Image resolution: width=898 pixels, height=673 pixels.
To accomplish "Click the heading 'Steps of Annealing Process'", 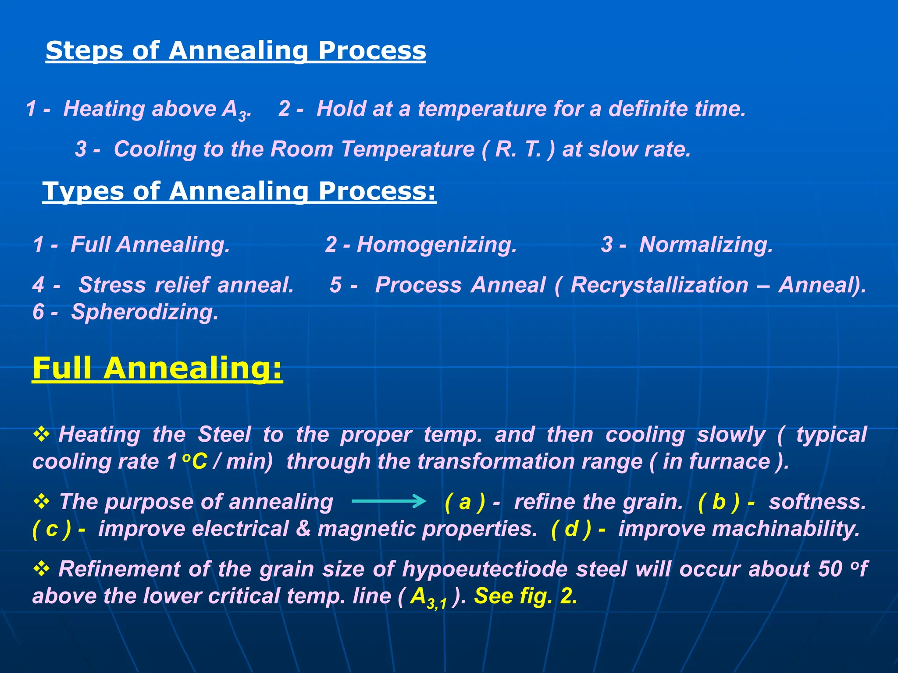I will (235, 50).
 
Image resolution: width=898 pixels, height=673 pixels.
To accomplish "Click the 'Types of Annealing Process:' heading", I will (239, 191).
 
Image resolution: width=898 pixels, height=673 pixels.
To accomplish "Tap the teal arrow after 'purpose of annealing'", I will (388, 501).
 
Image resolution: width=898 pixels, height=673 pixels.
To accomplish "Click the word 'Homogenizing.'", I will (437, 244).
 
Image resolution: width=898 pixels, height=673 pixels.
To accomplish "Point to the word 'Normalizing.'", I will (706, 244).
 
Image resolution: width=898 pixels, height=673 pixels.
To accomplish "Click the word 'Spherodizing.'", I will (145, 312).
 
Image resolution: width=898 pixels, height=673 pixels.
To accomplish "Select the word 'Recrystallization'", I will (659, 285).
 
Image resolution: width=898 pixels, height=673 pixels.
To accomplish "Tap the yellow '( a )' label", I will (465, 502).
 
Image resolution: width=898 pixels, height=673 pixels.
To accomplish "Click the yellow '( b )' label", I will (719, 502).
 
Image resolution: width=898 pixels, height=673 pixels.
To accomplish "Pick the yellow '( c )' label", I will (52, 529).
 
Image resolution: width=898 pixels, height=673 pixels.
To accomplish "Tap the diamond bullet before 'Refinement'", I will (42, 568).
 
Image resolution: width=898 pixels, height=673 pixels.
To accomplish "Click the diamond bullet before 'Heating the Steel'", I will (42, 434).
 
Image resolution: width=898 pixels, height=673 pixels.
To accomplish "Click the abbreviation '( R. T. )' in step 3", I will (518, 149).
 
